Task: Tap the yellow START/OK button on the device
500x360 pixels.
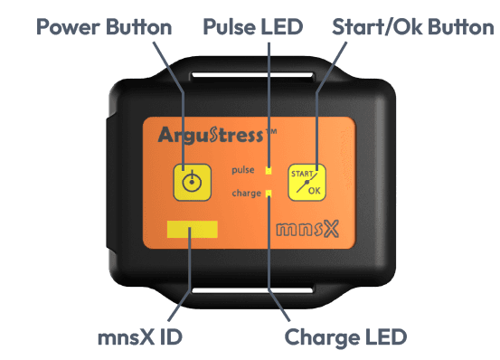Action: [307, 182]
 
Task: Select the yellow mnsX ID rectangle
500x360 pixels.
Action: [192, 230]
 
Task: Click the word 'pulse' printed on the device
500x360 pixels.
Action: [246, 169]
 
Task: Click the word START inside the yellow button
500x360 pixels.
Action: [301, 174]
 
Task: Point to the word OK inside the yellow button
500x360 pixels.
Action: [314, 191]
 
